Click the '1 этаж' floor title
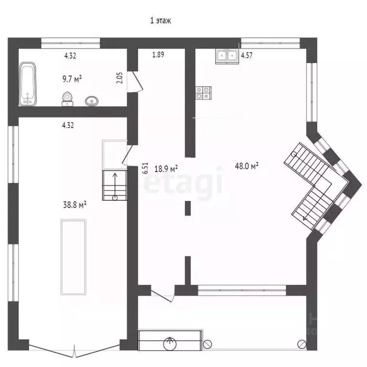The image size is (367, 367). pyautogui.click(x=161, y=21)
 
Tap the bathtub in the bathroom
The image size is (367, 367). pyautogui.click(x=28, y=84)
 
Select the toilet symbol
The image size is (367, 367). pyautogui.click(x=67, y=99)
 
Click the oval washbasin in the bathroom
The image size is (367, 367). pyautogui.click(x=92, y=101)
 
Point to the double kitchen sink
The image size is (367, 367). pyautogui.click(x=227, y=56)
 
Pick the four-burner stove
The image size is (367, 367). pyautogui.click(x=204, y=93)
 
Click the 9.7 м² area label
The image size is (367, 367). pyautogui.click(x=72, y=79)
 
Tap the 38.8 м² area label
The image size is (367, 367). pyautogui.click(x=75, y=205)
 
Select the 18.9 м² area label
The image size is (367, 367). pyautogui.click(x=166, y=169)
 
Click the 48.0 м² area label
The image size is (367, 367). pyautogui.click(x=247, y=166)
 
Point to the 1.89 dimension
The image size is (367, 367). pyautogui.click(x=158, y=54)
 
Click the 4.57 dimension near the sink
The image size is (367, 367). pyautogui.click(x=247, y=55)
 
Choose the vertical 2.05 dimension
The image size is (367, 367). pyautogui.click(x=119, y=78)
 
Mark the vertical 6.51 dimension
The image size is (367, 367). pyautogui.click(x=145, y=168)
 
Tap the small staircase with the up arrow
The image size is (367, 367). pyautogui.click(x=115, y=185)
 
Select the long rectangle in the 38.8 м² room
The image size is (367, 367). pyautogui.click(x=74, y=257)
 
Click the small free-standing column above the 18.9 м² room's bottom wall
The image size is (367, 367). pyautogui.click(x=188, y=208)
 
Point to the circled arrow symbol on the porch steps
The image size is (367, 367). pyautogui.click(x=170, y=344)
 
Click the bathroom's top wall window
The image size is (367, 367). pyautogui.click(x=71, y=43)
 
